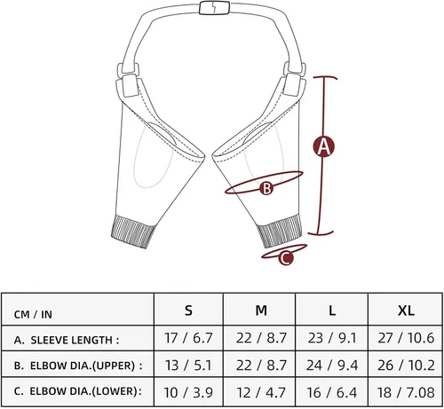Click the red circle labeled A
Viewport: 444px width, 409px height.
(324, 146)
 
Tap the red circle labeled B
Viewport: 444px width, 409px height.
(266, 188)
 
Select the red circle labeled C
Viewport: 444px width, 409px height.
(286, 257)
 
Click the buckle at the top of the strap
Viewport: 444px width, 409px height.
(215, 8)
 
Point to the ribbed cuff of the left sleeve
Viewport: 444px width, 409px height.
(133, 232)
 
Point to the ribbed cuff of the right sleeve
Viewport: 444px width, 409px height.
(280, 232)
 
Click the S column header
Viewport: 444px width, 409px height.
(188, 311)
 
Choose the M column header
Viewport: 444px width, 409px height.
(261, 311)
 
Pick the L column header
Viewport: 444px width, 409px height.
(332, 311)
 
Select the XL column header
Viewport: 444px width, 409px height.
(406, 311)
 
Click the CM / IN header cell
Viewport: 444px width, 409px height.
(77, 311)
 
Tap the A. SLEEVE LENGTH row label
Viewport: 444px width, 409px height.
(67, 340)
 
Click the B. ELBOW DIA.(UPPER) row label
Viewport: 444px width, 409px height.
(78, 366)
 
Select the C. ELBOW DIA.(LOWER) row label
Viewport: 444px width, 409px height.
(78, 391)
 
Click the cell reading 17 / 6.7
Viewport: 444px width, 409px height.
(188, 338)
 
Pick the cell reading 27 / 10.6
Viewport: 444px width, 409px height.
(406, 338)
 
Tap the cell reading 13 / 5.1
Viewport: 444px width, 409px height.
(188, 366)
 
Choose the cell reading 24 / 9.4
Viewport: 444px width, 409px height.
(332, 366)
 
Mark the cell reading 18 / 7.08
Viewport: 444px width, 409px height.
(406, 392)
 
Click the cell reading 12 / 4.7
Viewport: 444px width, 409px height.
(261, 392)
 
